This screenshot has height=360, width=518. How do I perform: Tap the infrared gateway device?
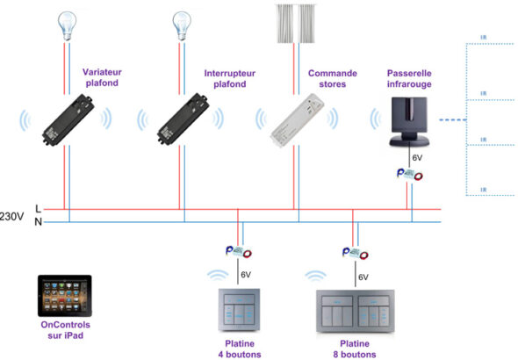410,122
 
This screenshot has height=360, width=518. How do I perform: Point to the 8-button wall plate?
354,311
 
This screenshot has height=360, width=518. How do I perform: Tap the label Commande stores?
331,79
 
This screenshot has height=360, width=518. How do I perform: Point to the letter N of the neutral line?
36,222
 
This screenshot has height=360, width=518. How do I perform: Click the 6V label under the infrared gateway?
418,159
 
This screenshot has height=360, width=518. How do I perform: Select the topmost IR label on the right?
484,38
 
